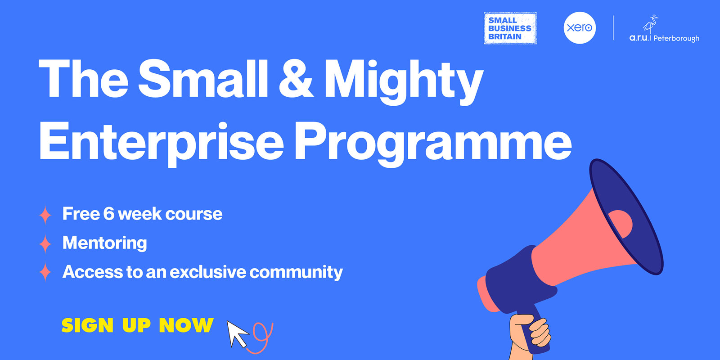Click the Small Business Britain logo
click(x=510, y=28)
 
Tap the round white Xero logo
click(x=580, y=28)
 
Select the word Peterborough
click(x=676, y=39)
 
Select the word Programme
click(x=432, y=141)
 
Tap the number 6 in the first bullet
click(x=108, y=214)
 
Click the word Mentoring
click(x=104, y=243)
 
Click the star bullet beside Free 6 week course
click(x=45, y=215)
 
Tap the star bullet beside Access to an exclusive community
click(x=45, y=272)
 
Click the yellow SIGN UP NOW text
click(x=137, y=325)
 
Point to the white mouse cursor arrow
click(x=237, y=333)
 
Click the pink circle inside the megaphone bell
click(x=621, y=222)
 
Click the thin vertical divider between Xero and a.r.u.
click(x=613, y=28)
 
